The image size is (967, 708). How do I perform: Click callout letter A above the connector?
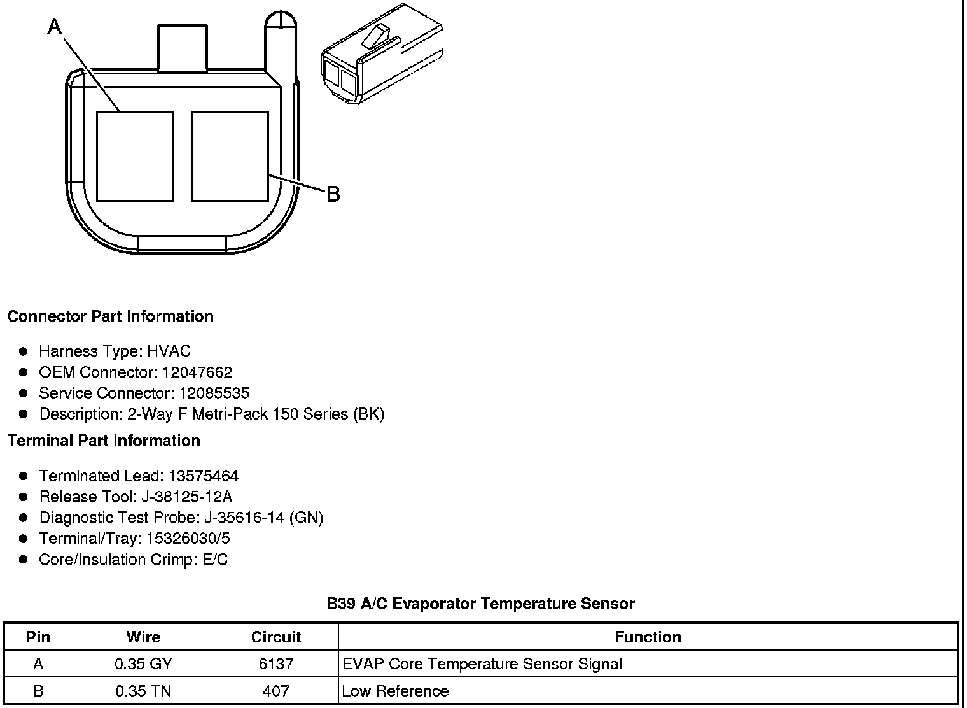(x=55, y=26)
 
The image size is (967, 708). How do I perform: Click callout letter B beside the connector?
(x=333, y=194)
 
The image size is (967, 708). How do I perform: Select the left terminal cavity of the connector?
(x=135, y=157)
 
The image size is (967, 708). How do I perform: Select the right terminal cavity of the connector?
(x=230, y=157)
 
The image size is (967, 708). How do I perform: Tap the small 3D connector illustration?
(x=382, y=53)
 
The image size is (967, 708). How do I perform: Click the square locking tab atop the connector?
(x=182, y=48)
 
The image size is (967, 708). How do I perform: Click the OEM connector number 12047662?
(x=197, y=372)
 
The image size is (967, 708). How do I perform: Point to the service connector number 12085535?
(x=214, y=393)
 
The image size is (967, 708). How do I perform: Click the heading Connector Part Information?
(x=111, y=316)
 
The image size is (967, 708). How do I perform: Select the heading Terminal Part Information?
(x=104, y=441)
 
